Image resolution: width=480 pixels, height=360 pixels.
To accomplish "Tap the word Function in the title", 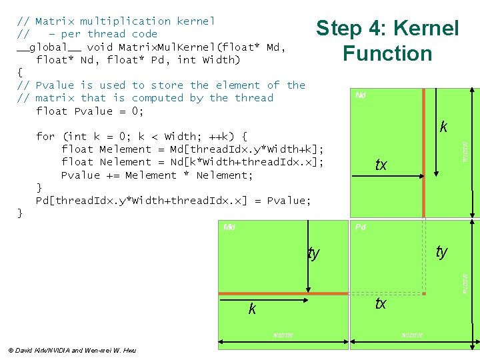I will click(387, 53).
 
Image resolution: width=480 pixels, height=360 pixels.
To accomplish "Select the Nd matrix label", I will click(360, 95).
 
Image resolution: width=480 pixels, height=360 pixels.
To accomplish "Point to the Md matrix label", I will click(229, 227).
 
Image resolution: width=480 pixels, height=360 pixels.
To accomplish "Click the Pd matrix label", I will click(360, 227).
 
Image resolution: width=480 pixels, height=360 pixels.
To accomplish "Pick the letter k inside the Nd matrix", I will click(443, 127).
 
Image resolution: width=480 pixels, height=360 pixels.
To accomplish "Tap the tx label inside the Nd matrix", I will click(381, 165).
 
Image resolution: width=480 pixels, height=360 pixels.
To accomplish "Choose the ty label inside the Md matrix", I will click(313, 253).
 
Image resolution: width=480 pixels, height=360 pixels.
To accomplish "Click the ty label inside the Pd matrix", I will click(441, 251).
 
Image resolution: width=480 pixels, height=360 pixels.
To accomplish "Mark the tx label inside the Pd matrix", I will click(381, 303).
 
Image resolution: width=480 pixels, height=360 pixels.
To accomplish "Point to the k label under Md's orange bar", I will click(252, 309).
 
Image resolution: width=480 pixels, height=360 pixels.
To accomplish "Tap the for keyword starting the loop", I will click(45, 136).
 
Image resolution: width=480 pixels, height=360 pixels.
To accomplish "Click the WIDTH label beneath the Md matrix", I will click(283, 335).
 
